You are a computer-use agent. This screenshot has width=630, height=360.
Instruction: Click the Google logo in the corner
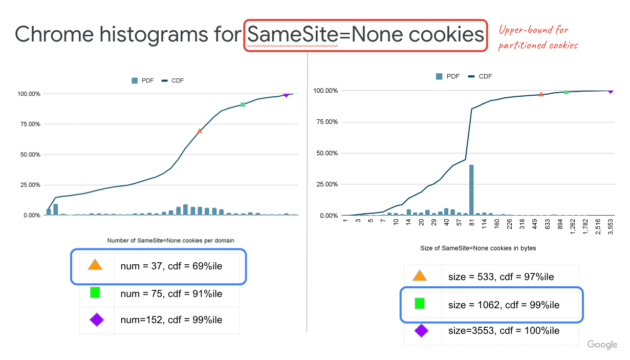pos(602,345)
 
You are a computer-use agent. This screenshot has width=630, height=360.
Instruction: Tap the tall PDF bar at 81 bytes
pos(471,190)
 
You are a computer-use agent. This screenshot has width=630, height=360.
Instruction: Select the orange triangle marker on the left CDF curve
pos(200,131)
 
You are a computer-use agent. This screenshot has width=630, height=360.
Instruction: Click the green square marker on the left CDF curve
pos(243,104)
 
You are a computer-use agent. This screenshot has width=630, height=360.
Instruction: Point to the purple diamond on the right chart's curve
pos(610,91)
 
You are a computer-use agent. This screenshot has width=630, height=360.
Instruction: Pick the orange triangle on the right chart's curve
pos(541,94)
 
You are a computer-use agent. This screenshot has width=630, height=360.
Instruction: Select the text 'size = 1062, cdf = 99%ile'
pos(504,305)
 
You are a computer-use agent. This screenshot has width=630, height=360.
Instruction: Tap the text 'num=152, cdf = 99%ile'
pos(171,320)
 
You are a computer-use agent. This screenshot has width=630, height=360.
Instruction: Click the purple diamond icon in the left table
pos(96,320)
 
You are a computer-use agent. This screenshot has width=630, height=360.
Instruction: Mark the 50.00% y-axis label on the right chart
pos(324,153)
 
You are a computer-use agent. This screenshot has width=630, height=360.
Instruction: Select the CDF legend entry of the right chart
pos(481,76)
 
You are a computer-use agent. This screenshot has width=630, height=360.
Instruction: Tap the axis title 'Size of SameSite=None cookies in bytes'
pos(478,248)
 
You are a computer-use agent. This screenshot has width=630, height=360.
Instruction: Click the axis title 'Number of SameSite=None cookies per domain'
pos(170,240)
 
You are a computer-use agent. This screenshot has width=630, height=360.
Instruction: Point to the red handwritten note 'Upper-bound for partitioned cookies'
pos(538,37)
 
